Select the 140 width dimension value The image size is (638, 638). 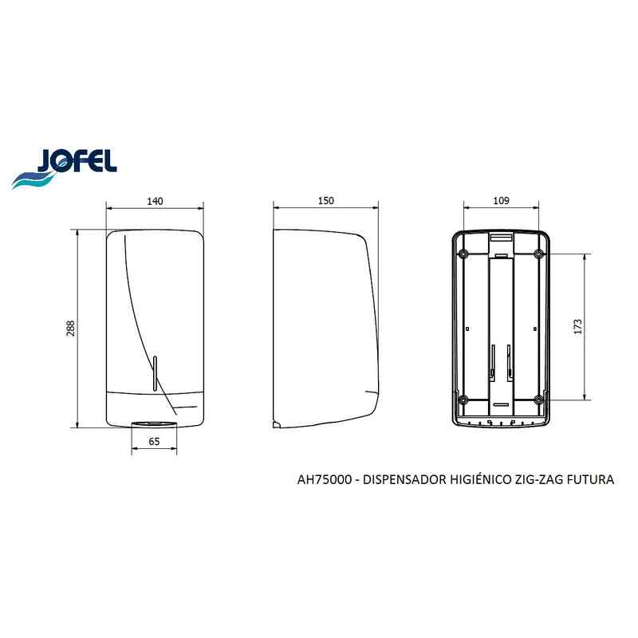coord(155,202)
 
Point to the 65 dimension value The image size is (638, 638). coord(154,441)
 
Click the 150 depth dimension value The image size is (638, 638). coord(325,202)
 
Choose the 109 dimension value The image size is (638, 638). coord(502,202)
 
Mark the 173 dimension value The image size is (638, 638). coord(579,326)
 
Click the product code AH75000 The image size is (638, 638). coord(322,480)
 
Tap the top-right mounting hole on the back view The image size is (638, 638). coord(539,254)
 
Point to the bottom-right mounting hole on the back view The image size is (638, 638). coord(539,399)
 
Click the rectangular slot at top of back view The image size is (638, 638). coord(501,238)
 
